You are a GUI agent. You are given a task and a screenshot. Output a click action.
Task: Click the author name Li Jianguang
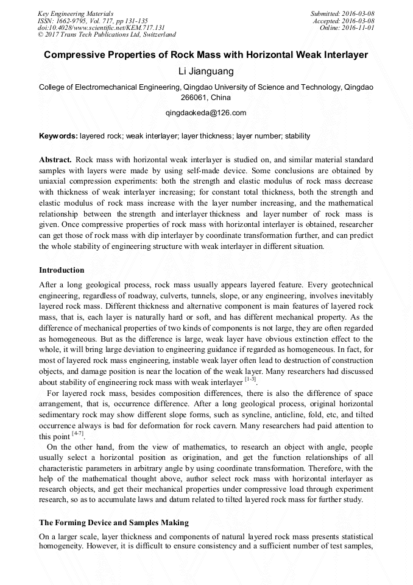click(206, 71)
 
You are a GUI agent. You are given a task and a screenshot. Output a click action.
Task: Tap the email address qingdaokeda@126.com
click(206, 113)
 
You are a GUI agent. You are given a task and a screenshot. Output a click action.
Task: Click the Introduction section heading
click(62, 270)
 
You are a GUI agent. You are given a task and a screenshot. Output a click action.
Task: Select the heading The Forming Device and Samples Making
click(114, 523)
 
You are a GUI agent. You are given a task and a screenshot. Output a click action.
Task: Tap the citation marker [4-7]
click(77, 434)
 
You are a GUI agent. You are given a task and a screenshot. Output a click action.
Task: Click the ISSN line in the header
click(93, 20)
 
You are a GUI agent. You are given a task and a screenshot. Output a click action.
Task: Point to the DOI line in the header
click(101, 27)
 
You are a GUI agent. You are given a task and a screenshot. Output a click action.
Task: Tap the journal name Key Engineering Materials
click(76, 13)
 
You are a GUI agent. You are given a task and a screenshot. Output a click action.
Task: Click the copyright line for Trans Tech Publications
click(107, 35)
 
